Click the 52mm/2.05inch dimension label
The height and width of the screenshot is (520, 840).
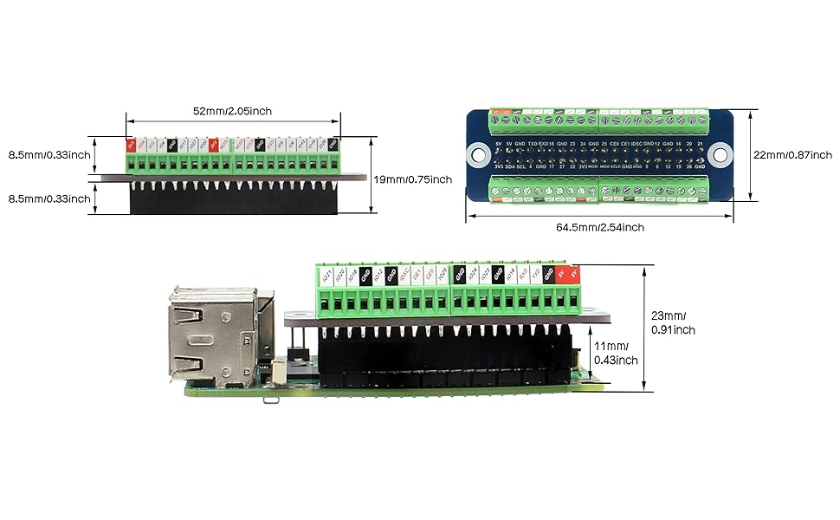234,111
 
